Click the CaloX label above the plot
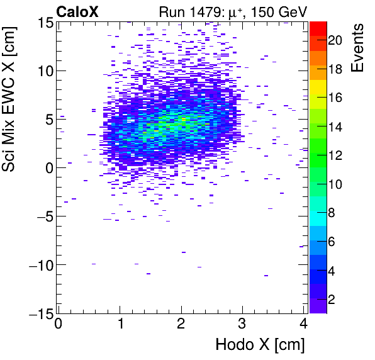tap(78, 11)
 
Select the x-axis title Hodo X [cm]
tap(260, 345)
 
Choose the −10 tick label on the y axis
tap(38, 264)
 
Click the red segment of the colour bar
tap(318, 28)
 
